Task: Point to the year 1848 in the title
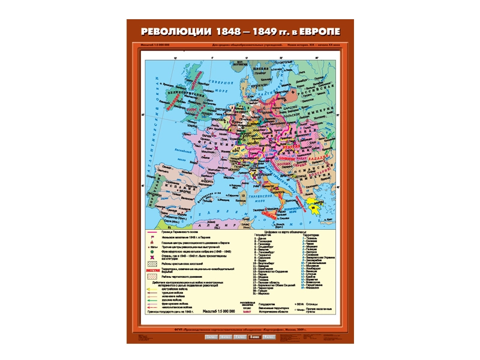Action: [226, 31]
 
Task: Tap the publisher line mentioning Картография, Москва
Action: [240, 329]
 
